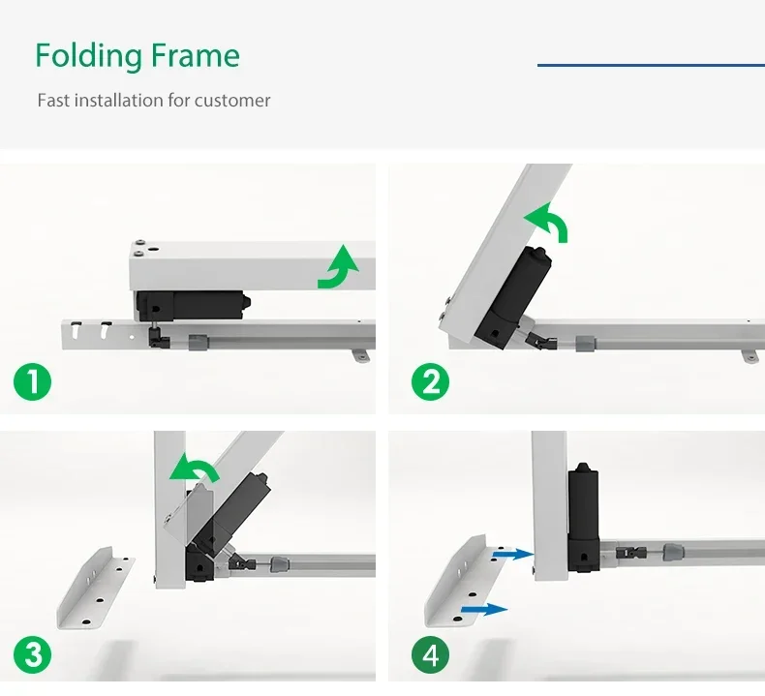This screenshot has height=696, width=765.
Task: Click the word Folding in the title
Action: [89, 56]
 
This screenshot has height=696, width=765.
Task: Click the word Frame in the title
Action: [196, 54]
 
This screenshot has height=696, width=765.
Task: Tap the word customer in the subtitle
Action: [232, 101]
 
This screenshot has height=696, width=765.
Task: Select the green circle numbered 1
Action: [32, 381]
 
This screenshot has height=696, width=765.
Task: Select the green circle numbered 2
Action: [430, 381]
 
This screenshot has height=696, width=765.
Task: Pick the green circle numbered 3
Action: [32, 653]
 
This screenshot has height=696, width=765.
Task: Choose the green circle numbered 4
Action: [430, 653]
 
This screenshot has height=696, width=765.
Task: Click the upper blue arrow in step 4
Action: [512, 554]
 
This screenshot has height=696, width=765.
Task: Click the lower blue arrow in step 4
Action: [484, 609]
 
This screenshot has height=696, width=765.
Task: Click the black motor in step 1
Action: [192, 306]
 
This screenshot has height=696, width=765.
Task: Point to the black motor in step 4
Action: [584, 517]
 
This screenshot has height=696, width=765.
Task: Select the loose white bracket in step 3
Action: [96, 589]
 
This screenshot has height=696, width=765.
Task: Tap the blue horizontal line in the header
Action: [651, 65]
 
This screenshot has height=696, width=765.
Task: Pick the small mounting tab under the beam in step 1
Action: [361, 355]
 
